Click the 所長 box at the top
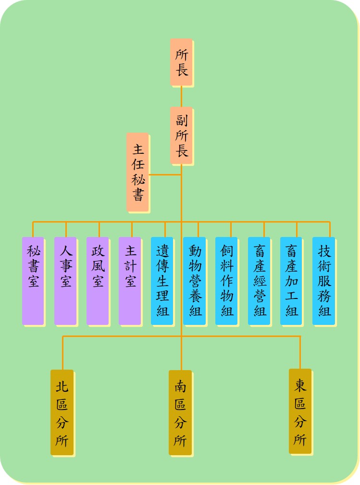[x=181, y=62]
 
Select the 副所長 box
[x=181, y=136]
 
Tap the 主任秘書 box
[x=137, y=172]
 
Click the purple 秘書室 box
[x=33, y=281]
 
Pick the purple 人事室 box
[x=65, y=281]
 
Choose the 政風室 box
[x=98, y=281]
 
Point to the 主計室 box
[x=130, y=281]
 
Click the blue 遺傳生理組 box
[x=162, y=281]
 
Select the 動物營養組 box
[x=195, y=281]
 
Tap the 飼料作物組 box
[x=227, y=281]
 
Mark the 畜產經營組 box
[x=259, y=281]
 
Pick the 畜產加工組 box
[x=291, y=281]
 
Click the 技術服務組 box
[x=324, y=281]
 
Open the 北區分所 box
[x=62, y=412]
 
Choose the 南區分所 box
[x=180, y=412]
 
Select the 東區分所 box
[x=300, y=411]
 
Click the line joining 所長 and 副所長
[x=181, y=97]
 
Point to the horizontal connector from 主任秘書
[x=165, y=175]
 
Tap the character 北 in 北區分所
[x=62, y=386]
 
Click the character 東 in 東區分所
[x=300, y=386]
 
